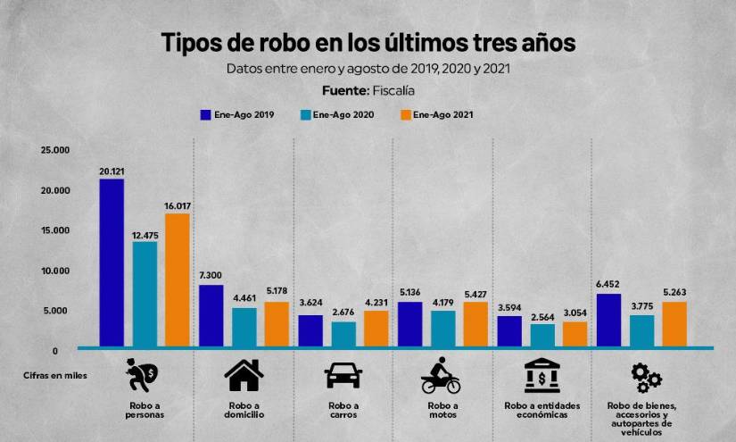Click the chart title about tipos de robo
(368, 42)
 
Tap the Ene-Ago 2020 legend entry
(337, 114)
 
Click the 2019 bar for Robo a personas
(112, 263)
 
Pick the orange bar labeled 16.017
(178, 279)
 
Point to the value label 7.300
(211, 275)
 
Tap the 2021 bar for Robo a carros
(376, 328)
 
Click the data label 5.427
(476, 292)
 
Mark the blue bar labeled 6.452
(608, 319)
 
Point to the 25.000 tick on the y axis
(55, 150)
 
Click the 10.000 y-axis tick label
(55, 271)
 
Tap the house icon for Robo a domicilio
(244, 376)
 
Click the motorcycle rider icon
(441, 376)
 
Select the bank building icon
(542, 376)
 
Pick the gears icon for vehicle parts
(645, 378)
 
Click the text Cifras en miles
(55, 376)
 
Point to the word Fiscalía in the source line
(393, 90)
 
